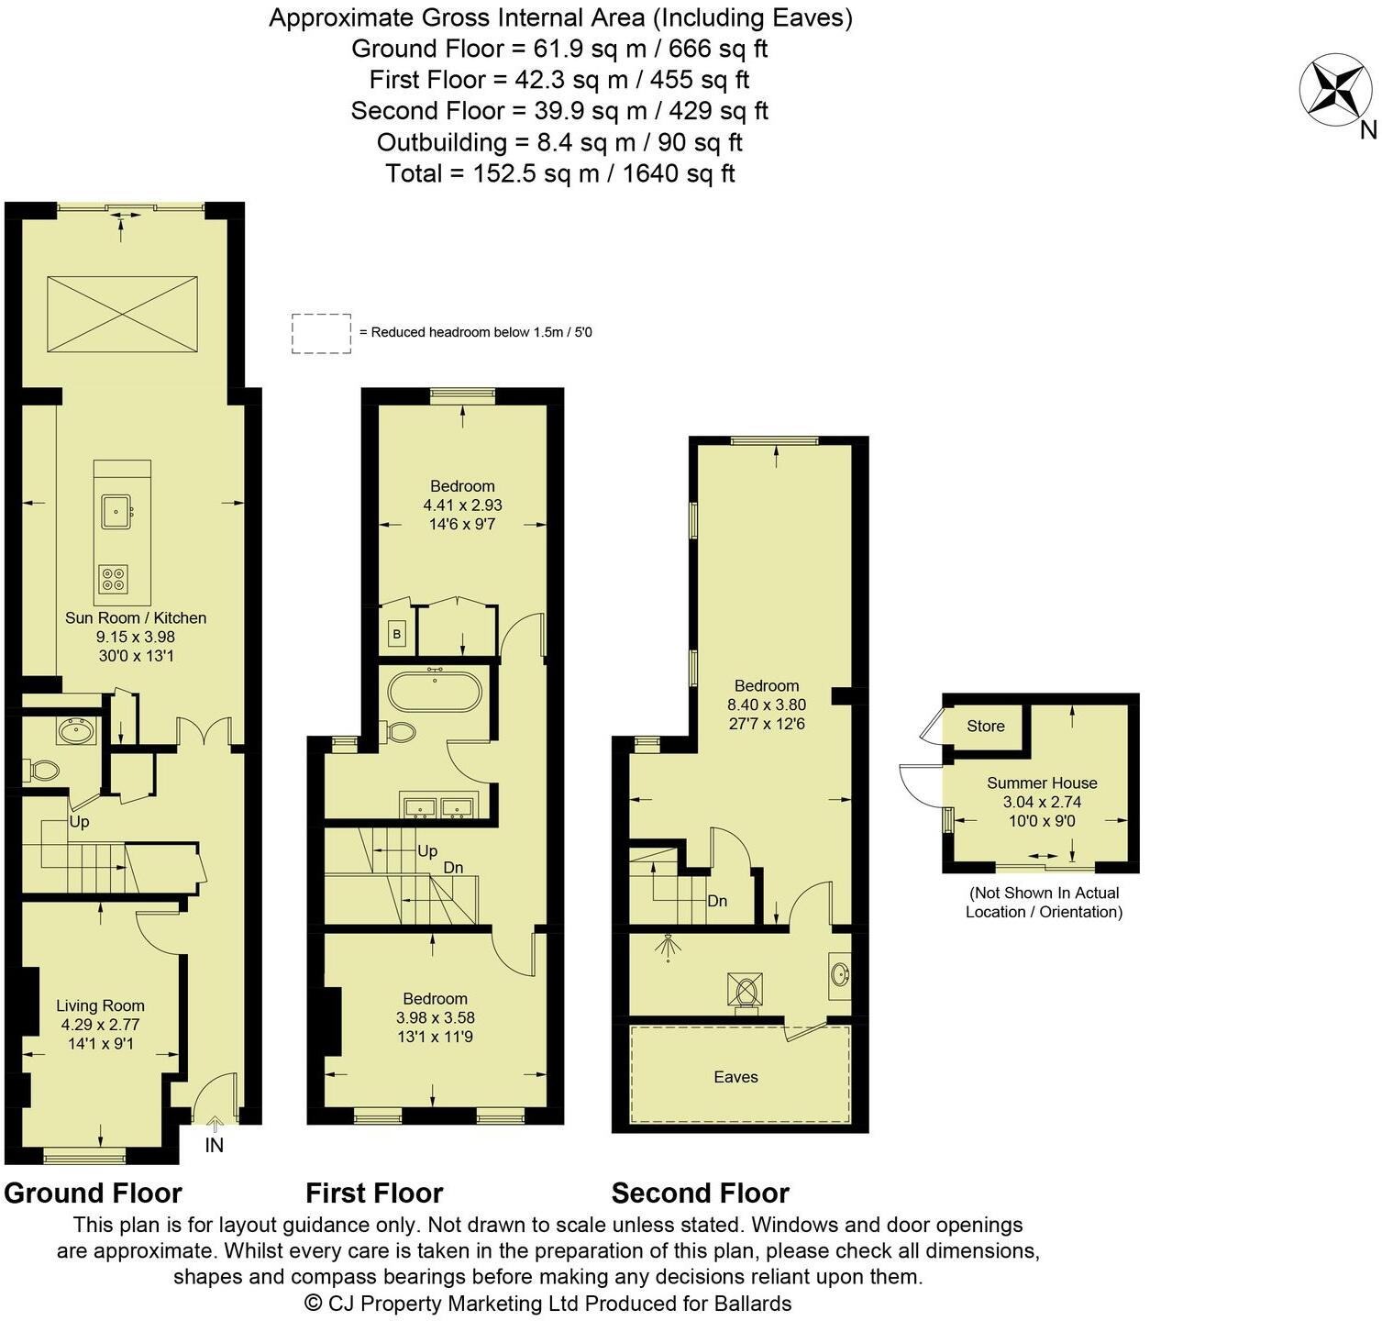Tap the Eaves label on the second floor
click(735, 1077)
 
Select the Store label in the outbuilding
click(986, 726)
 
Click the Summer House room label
click(1042, 783)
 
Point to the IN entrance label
click(214, 1145)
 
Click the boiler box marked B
click(397, 634)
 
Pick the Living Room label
click(100, 1005)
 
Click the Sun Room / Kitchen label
click(136, 617)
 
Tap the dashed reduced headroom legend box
click(321, 334)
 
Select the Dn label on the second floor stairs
click(717, 901)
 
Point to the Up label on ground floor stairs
click(80, 822)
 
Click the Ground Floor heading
click(94, 1193)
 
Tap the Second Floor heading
click(701, 1193)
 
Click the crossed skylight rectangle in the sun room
click(122, 313)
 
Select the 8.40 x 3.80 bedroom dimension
click(767, 705)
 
